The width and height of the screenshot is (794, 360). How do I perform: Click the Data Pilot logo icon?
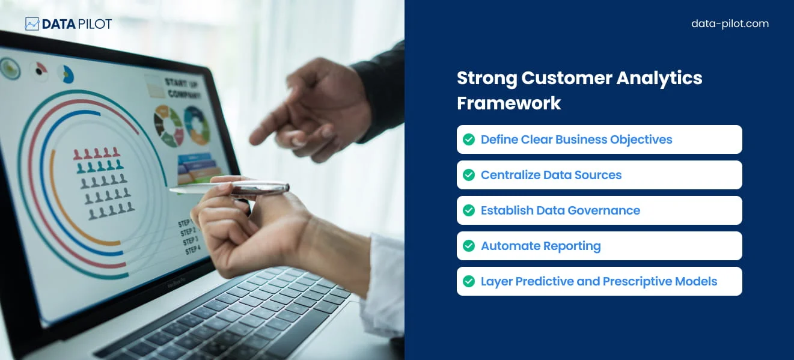[x=32, y=24]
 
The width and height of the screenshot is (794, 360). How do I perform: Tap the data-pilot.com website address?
[x=730, y=24]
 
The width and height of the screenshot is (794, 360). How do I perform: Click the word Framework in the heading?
[x=508, y=103]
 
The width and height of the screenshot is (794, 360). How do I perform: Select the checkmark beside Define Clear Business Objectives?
[x=469, y=139]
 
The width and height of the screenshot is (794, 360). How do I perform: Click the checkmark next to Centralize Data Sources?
[x=469, y=175]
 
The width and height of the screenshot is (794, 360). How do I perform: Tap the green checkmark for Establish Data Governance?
[x=469, y=210]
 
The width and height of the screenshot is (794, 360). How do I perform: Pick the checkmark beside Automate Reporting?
[x=469, y=246]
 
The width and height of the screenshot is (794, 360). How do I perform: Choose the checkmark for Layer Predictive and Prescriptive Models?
[x=469, y=281]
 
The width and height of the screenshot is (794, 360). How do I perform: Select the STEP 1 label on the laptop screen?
[x=185, y=223]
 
